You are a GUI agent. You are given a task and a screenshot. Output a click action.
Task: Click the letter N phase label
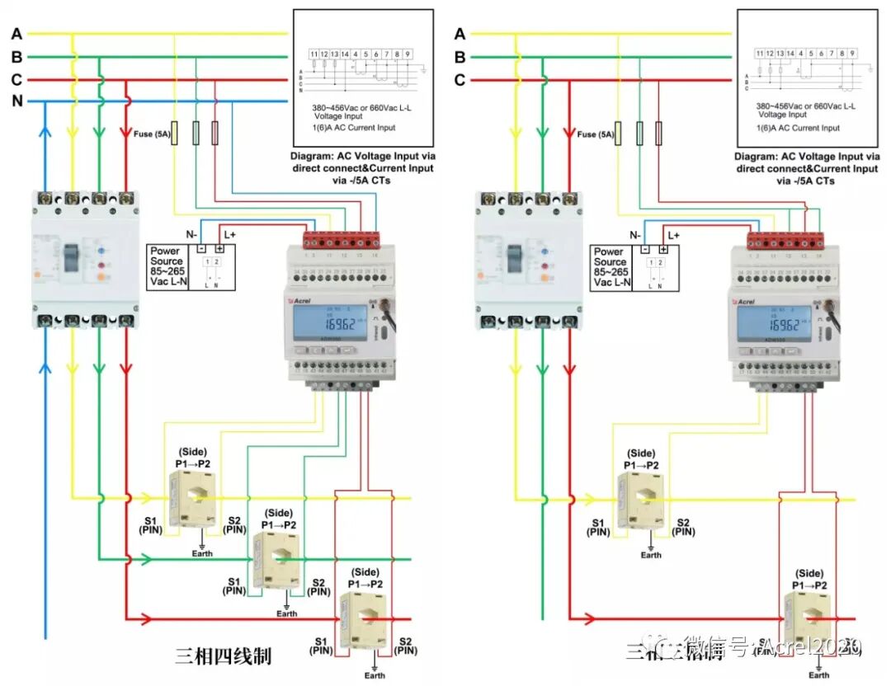pos(16,101)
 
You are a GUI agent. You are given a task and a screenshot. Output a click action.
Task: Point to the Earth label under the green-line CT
pos(286,613)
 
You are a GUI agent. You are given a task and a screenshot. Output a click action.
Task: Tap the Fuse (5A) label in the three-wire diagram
pos(596,134)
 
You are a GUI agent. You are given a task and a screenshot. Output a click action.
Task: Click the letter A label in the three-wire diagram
pos(460,35)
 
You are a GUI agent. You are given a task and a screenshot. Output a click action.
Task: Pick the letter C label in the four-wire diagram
pos(16,80)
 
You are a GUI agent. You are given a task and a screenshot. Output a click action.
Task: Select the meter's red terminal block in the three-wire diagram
pos(785,240)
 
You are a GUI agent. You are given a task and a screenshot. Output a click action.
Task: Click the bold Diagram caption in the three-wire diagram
pos(807,168)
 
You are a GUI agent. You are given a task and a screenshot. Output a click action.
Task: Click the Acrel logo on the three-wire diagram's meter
pos(744,302)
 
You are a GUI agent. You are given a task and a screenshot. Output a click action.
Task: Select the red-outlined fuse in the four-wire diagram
pos(215,132)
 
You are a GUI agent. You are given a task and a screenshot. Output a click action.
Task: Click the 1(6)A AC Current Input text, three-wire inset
pos(798,128)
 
